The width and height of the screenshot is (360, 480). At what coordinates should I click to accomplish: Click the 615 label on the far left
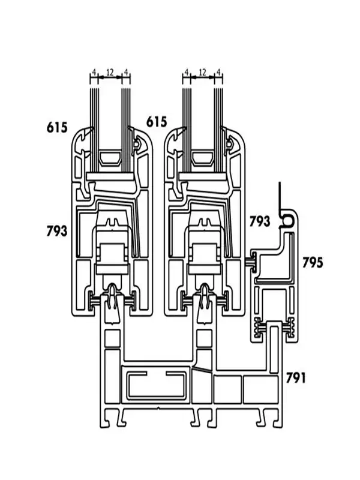click(57, 127)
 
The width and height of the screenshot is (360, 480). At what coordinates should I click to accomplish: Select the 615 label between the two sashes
click(157, 122)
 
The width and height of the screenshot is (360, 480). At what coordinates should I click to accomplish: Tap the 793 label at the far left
click(56, 230)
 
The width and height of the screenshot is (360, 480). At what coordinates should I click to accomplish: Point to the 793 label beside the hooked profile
click(260, 221)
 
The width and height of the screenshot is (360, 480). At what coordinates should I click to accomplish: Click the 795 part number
click(313, 262)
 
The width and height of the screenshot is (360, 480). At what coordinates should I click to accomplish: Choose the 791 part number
click(296, 378)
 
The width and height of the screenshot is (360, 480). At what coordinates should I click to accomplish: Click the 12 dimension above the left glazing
click(110, 72)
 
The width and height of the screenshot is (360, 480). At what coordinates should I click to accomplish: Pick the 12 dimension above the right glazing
click(202, 72)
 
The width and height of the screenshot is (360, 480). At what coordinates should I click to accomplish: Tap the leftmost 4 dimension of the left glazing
click(94, 72)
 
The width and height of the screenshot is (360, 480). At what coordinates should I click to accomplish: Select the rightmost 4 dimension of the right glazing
click(218, 72)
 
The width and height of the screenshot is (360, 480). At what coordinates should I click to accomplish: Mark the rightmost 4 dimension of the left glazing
click(126, 72)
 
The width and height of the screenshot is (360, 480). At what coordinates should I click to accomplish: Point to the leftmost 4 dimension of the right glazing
click(187, 72)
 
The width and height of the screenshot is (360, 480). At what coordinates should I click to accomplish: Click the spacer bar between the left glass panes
click(110, 158)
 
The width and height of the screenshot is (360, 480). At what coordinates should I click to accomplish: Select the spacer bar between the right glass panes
click(203, 158)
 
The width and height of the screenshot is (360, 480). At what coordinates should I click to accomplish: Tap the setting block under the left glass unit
click(110, 176)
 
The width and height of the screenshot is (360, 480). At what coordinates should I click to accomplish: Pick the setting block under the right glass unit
click(203, 176)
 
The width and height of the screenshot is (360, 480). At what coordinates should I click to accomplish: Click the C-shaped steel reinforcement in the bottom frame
click(157, 385)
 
